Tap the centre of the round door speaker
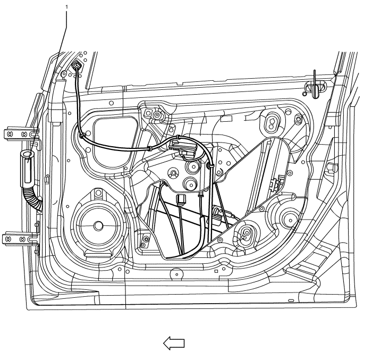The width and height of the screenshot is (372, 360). pyautogui.click(x=98, y=225)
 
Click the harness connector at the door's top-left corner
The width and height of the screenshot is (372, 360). pyautogui.click(x=77, y=67)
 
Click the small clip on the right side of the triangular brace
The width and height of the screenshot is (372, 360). pyautogui.click(x=276, y=184)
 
